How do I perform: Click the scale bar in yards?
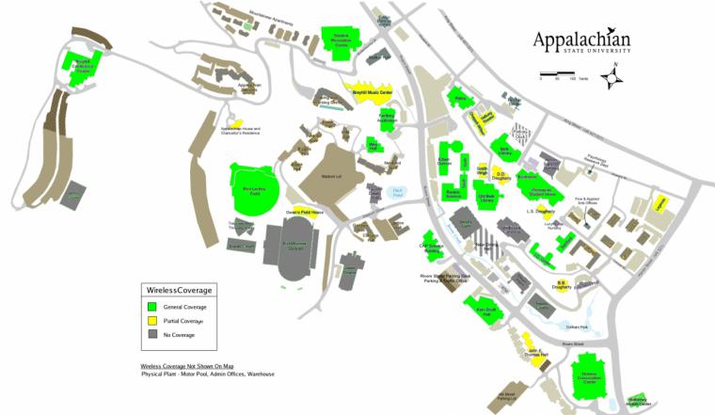point(559,74)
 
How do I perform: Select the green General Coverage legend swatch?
point(153,306)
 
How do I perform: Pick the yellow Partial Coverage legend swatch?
point(153,320)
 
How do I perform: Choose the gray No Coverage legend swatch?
point(153,334)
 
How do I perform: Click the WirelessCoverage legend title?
point(179,289)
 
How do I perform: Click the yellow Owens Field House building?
point(305,213)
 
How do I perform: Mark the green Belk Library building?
point(505,148)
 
